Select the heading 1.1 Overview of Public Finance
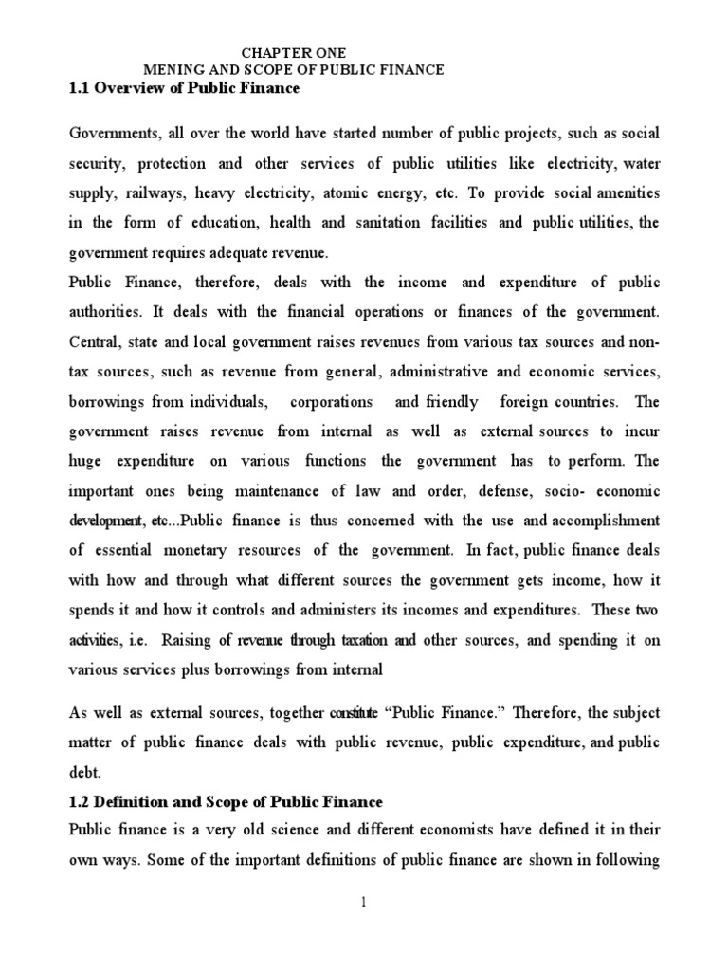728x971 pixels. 184,88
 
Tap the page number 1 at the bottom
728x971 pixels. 362,903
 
